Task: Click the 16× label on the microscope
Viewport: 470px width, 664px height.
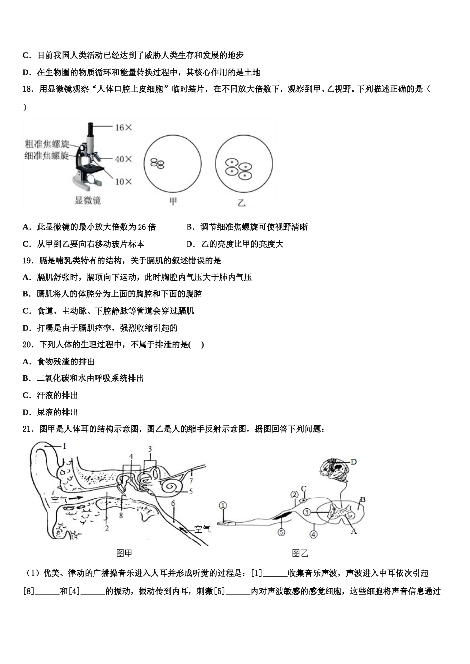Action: pyautogui.click(x=124, y=127)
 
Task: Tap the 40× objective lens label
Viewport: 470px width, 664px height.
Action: pyautogui.click(x=124, y=159)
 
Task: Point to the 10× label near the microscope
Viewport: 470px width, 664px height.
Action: pyautogui.click(x=124, y=181)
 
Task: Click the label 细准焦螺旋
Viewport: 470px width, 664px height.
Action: pyautogui.click(x=47, y=155)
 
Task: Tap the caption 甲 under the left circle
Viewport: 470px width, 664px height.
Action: pyautogui.click(x=173, y=201)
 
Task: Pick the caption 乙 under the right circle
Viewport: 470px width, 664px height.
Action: pyautogui.click(x=241, y=202)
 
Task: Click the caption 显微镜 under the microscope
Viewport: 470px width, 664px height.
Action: pyautogui.click(x=88, y=200)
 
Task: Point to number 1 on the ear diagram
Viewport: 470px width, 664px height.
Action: pyautogui.click(x=64, y=446)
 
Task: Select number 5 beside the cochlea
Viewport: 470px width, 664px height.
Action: pyautogui.click(x=190, y=492)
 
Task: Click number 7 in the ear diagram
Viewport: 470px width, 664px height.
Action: pyautogui.click(x=191, y=480)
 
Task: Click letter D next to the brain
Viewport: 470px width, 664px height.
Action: pyautogui.click(x=354, y=462)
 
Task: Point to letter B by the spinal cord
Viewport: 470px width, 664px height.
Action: pyautogui.click(x=362, y=500)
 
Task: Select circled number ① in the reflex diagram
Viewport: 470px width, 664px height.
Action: pyautogui.click(x=223, y=505)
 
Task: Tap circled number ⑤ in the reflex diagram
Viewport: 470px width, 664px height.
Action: pyautogui.click(x=281, y=532)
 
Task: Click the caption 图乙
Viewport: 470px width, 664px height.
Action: pyautogui.click(x=300, y=553)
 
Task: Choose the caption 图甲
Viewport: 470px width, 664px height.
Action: pyautogui.click(x=124, y=553)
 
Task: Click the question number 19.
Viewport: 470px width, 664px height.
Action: pyautogui.click(x=28, y=260)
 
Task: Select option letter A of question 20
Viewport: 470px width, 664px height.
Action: pyautogui.click(x=27, y=362)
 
